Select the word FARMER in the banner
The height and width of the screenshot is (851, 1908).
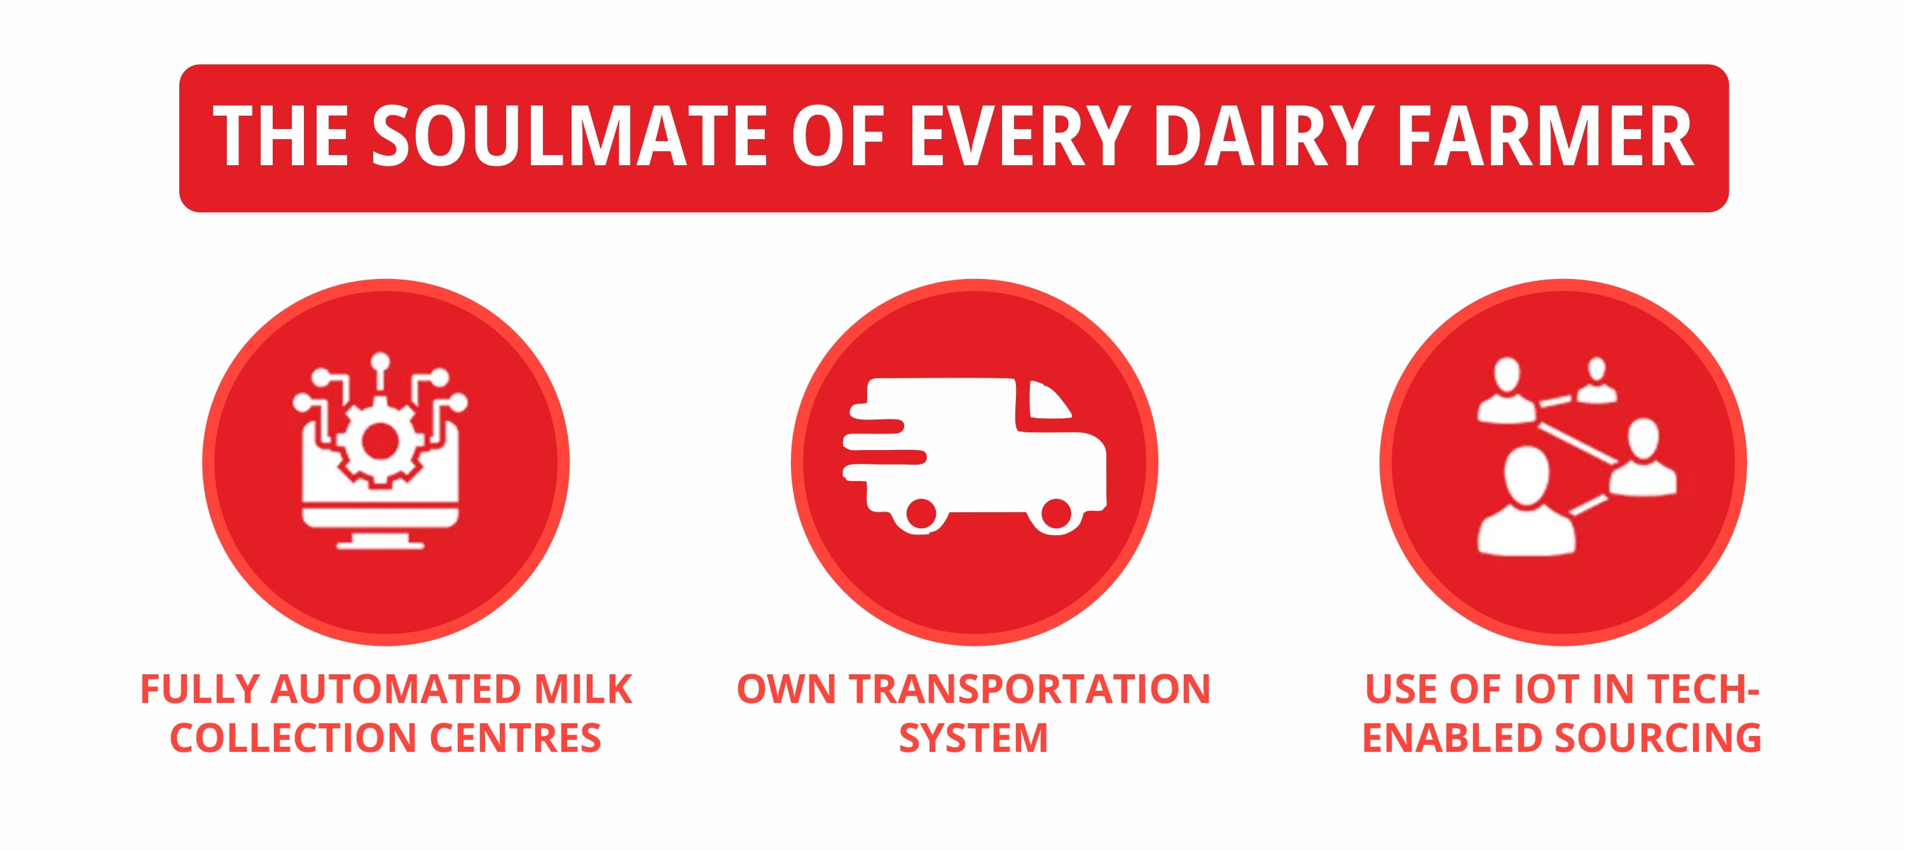click(x=1544, y=135)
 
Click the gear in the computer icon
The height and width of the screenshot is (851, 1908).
click(x=379, y=442)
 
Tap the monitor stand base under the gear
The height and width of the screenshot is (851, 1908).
click(x=381, y=545)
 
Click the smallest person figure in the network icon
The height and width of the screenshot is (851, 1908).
click(x=1597, y=381)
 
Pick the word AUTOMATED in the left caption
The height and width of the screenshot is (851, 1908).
click(x=396, y=690)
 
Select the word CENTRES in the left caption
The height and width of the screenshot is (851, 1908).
click(x=516, y=739)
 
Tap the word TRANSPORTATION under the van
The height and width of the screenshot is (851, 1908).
click(x=1029, y=690)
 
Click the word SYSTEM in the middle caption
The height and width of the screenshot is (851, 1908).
click(x=974, y=739)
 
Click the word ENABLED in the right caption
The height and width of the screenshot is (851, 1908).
click(x=1453, y=739)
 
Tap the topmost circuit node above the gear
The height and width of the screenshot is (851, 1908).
click(x=380, y=362)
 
